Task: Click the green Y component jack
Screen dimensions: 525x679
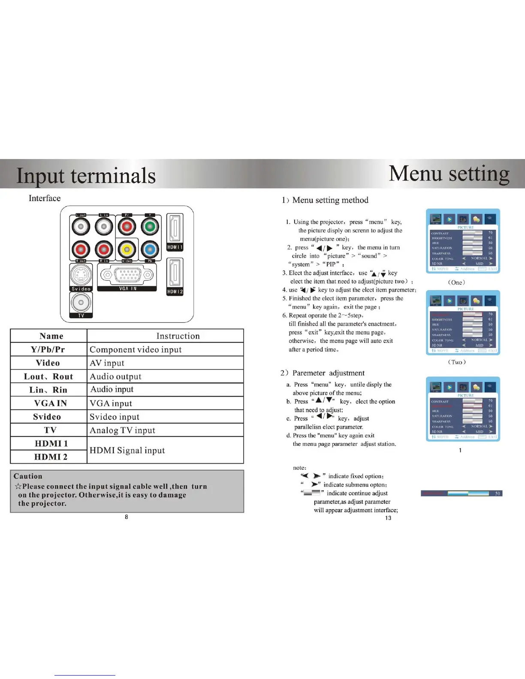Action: click(x=150, y=227)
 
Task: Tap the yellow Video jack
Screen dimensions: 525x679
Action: click(x=127, y=249)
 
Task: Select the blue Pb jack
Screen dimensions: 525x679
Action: click(x=150, y=249)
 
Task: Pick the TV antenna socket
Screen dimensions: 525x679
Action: click(x=81, y=303)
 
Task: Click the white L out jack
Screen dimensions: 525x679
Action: click(x=81, y=226)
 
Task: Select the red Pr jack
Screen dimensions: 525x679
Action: click(x=127, y=227)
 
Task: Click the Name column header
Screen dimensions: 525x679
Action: click(x=51, y=336)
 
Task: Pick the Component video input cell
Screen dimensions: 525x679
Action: click(x=136, y=350)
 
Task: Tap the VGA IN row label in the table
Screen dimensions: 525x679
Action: click(x=50, y=403)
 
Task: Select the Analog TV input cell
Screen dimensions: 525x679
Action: click(x=122, y=430)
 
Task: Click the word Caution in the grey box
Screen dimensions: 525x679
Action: click(x=28, y=476)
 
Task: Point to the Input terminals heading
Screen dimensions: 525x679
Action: click(x=86, y=175)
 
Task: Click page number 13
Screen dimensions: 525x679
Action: click(x=388, y=518)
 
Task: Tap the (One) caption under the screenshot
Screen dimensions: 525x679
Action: click(x=456, y=282)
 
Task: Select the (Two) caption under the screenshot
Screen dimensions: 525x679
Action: click(x=457, y=362)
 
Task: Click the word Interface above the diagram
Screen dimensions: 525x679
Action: click(x=45, y=198)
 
